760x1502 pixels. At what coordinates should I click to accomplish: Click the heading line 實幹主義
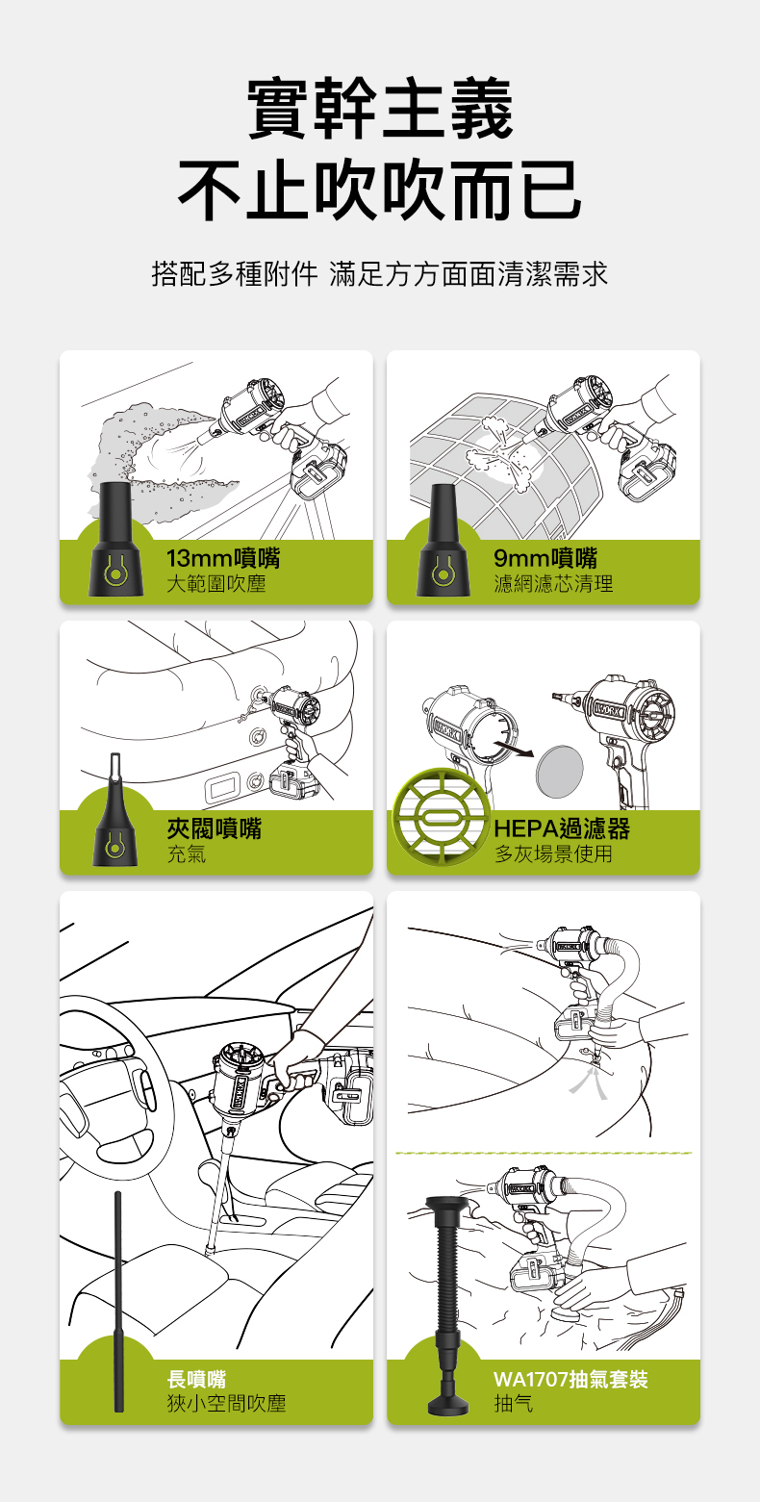[380, 109]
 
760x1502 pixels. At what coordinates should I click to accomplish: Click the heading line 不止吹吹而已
[380, 191]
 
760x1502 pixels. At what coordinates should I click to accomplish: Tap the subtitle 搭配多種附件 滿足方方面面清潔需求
[379, 274]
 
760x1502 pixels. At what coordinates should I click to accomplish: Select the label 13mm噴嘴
[223, 558]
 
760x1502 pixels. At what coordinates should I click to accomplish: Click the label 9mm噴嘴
[545, 558]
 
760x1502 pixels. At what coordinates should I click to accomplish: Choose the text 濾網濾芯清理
[553, 584]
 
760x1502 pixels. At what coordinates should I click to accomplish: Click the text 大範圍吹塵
[215, 584]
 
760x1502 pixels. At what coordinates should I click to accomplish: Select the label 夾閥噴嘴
[215, 828]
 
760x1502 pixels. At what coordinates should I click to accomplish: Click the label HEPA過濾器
[562, 828]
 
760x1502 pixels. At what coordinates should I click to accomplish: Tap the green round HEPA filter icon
[441, 817]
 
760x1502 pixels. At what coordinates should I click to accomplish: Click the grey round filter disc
[560, 772]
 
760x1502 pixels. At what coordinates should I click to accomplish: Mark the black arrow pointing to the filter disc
[514, 749]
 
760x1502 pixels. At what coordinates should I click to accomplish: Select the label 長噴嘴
[196, 1379]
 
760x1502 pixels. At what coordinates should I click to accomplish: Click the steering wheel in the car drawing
[111, 1087]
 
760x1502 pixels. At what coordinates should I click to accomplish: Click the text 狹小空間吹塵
[226, 1404]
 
